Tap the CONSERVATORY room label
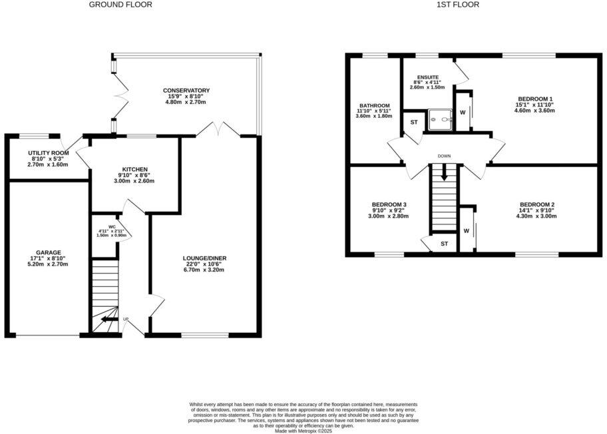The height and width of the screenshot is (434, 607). coord(187,91)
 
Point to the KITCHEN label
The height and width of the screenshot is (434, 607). coord(134,169)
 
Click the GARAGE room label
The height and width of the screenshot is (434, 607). coord(49,252)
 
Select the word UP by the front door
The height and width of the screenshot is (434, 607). coord(125,320)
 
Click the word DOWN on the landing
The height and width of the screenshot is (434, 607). coord(445,156)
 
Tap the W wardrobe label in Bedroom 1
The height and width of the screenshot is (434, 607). coord(462,113)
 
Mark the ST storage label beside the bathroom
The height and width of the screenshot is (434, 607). coord(413,122)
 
